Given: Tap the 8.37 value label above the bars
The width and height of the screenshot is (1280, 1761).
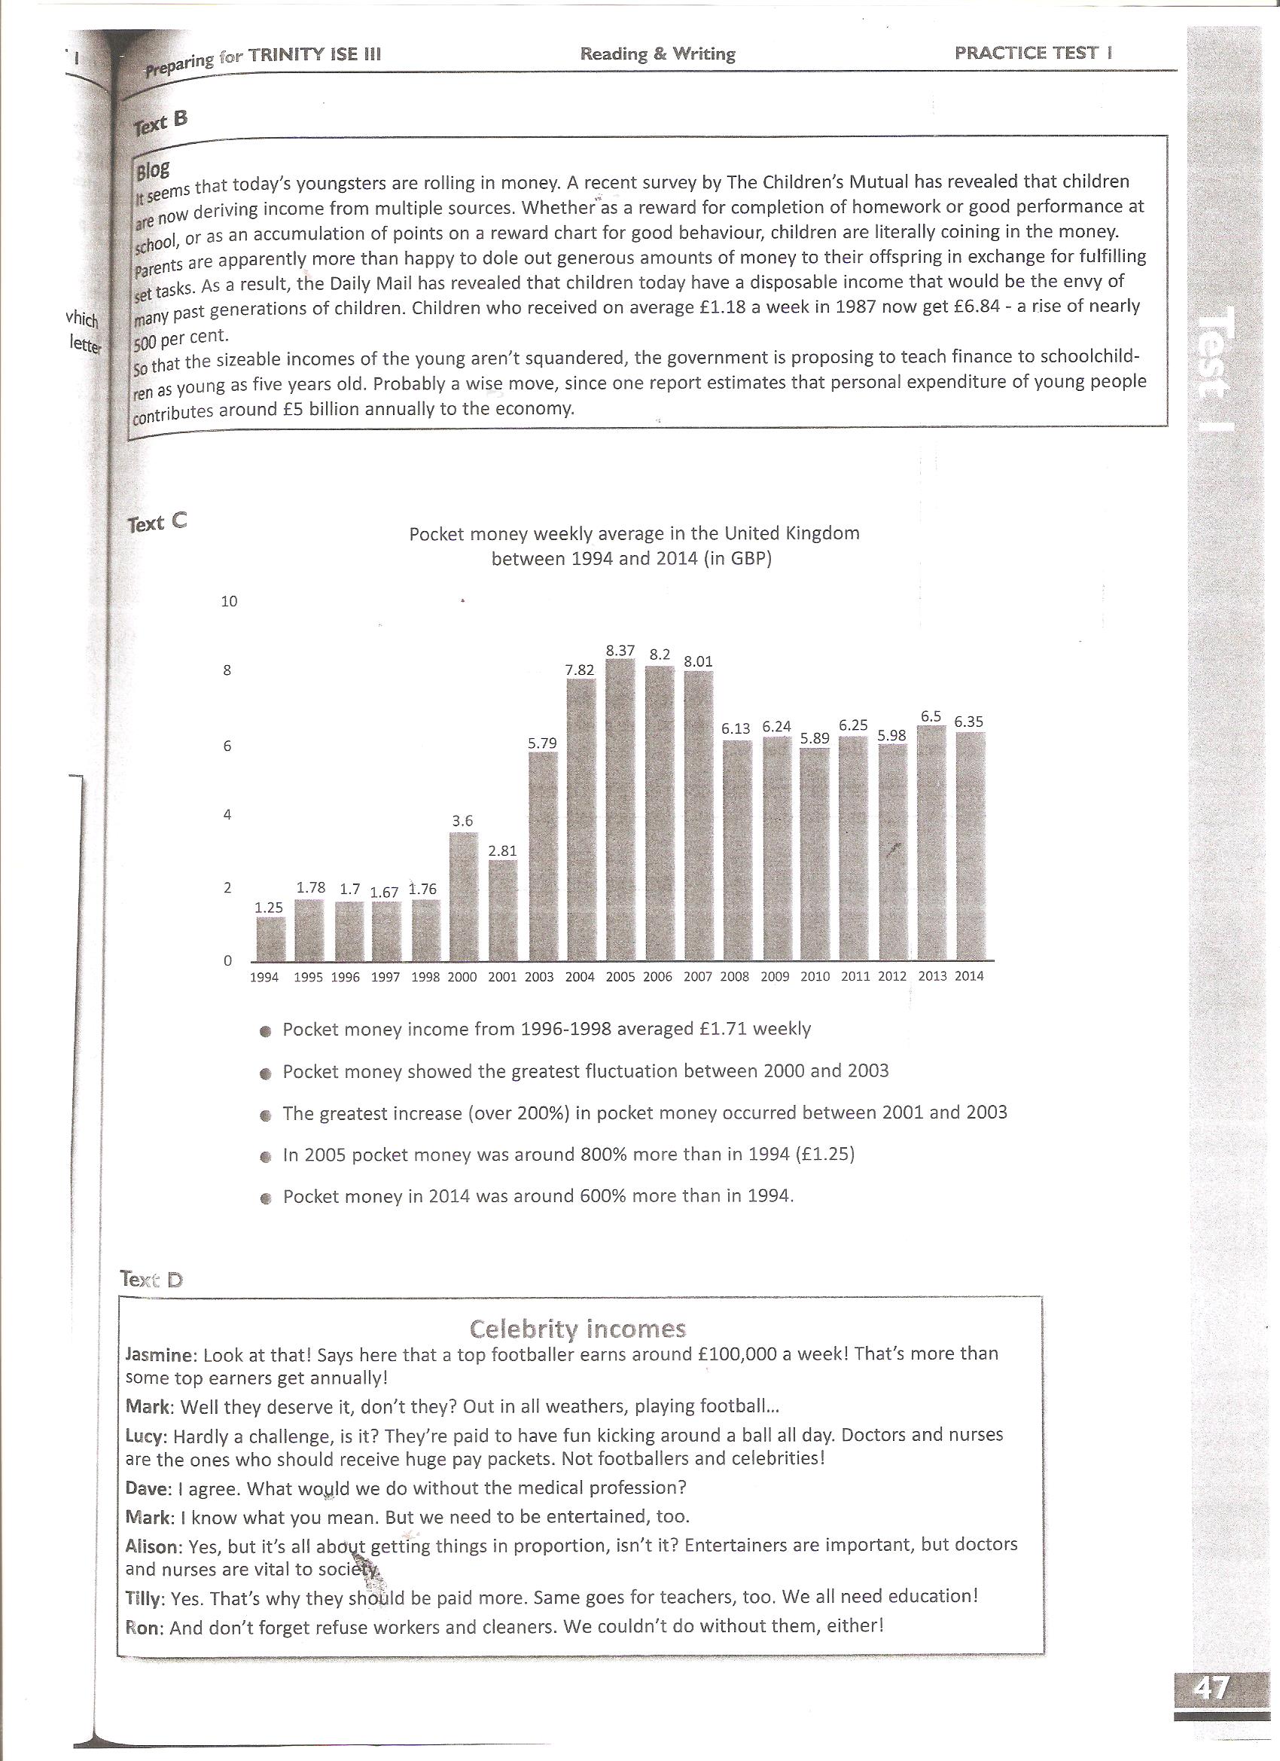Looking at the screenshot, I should [620, 651].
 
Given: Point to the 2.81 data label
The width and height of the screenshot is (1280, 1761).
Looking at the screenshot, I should [502, 850].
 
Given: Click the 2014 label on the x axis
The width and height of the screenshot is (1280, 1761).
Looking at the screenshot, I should [969, 976].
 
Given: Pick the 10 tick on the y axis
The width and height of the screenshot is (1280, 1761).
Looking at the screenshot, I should [229, 601].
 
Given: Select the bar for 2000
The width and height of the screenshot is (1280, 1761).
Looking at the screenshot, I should [463, 896].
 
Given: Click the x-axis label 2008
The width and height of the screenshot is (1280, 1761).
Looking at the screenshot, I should [734, 977].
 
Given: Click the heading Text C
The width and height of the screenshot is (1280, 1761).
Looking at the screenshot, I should [157, 523].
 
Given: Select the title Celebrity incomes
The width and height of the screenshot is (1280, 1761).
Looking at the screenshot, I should [578, 1329].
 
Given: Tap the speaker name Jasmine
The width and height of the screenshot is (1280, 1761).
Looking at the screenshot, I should [159, 1355].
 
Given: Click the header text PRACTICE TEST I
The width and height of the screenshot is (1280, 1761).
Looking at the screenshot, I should [1033, 53].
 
